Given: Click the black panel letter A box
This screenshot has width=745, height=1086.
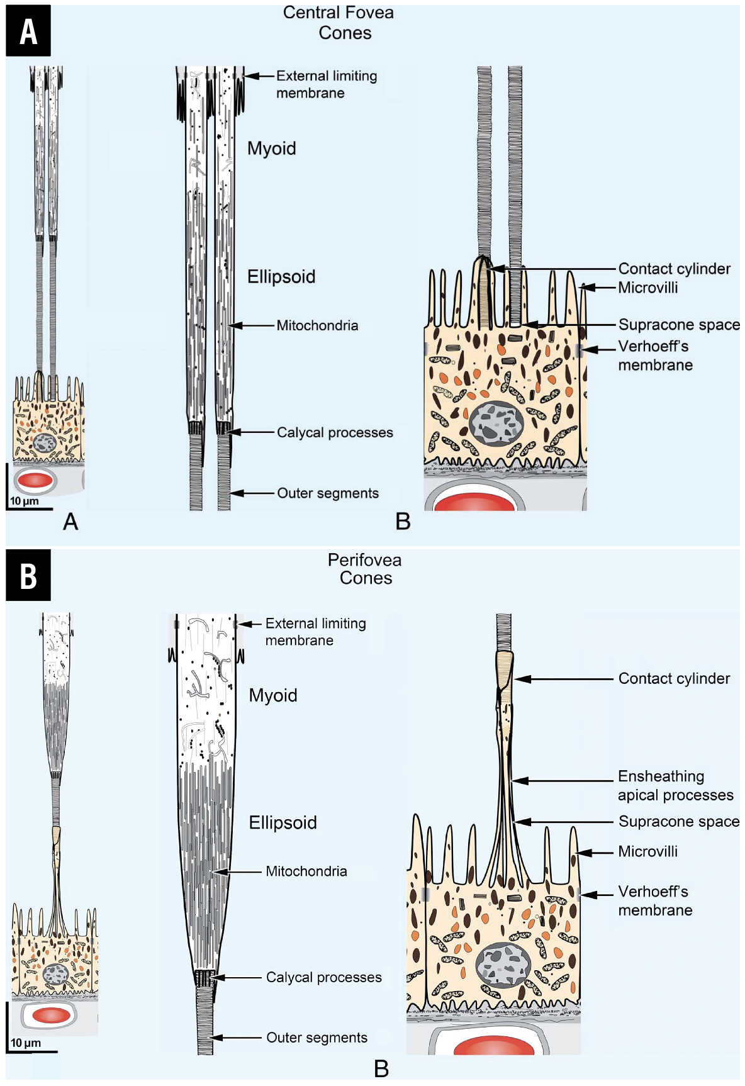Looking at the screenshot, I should [28, 31].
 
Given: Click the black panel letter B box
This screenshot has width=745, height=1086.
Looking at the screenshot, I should [28, 575].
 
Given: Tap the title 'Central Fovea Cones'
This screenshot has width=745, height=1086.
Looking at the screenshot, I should [340, 23].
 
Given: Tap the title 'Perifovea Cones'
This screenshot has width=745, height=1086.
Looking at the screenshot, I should [365, 569].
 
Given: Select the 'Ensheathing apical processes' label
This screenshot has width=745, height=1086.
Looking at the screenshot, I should [675, 785].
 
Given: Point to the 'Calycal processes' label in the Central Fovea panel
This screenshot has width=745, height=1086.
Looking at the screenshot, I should [335, 432].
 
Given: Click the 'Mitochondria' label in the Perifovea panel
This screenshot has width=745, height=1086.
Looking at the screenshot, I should [306, 871].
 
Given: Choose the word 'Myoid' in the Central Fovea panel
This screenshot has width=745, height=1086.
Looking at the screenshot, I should [271, 148].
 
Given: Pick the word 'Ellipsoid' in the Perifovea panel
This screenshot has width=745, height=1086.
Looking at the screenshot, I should [283, 822].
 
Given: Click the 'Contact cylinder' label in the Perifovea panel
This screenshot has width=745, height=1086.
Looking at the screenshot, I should [674, 678].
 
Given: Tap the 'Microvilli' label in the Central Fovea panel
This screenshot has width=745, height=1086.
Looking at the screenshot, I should [648, 288].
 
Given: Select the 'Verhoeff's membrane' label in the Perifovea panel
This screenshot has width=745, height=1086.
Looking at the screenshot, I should [654, 900].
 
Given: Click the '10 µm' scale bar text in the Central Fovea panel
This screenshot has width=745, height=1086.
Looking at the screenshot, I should [25, 501].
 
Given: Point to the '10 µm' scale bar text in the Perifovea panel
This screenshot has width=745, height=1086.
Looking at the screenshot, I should [26, 1043].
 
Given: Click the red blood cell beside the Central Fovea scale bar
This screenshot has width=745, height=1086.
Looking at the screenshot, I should [36, 481].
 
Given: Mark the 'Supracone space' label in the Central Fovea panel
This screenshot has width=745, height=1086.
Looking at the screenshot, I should [679, 325].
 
